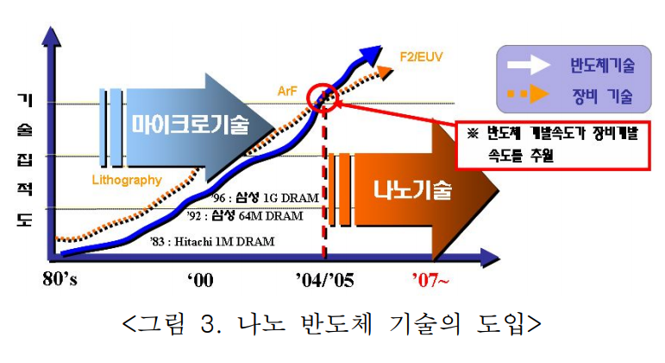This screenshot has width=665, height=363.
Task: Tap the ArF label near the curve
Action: click(x=288, y=89)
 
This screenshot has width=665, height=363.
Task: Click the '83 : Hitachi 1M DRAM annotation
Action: click(x=210, y=242)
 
